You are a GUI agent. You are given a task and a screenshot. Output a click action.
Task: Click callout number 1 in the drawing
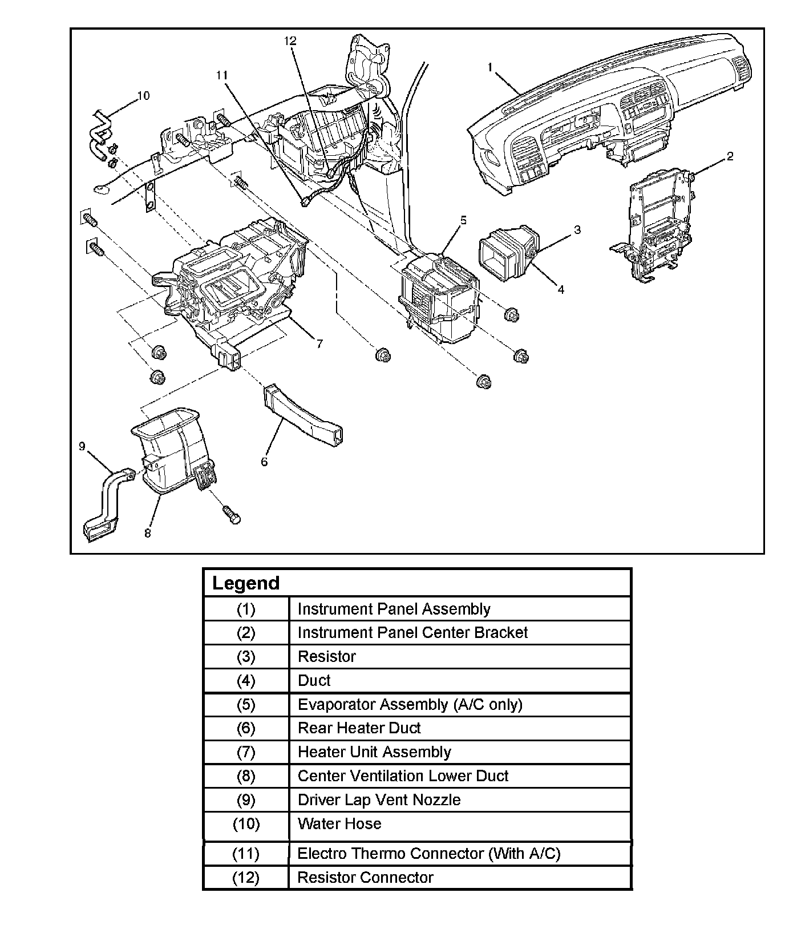point(489,67)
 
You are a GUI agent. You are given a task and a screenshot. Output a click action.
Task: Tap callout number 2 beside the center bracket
point(730,156)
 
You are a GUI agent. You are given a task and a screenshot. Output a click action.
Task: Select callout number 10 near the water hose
point(143,95)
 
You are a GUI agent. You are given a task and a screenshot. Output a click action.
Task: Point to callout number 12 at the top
point(290,41)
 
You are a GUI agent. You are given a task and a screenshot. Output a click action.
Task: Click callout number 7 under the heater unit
point(319,343)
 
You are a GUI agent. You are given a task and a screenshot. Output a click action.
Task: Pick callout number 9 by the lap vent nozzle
point(82,446)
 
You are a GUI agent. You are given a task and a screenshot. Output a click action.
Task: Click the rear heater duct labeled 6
point(305,417)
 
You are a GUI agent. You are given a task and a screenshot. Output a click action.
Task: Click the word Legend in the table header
point(246,583)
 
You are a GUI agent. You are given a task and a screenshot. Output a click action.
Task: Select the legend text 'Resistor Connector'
point(365,877)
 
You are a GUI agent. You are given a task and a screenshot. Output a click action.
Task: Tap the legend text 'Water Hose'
point(339,823)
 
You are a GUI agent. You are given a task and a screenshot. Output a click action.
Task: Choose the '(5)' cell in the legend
point(246,704)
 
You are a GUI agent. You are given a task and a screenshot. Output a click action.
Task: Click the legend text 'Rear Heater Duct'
point(359,728)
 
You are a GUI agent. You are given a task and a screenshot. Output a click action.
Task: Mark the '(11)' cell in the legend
point(246,853)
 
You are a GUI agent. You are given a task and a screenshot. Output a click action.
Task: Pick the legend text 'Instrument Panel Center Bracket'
point(412,632)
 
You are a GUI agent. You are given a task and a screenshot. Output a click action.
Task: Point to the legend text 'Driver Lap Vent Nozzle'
point(379,799)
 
